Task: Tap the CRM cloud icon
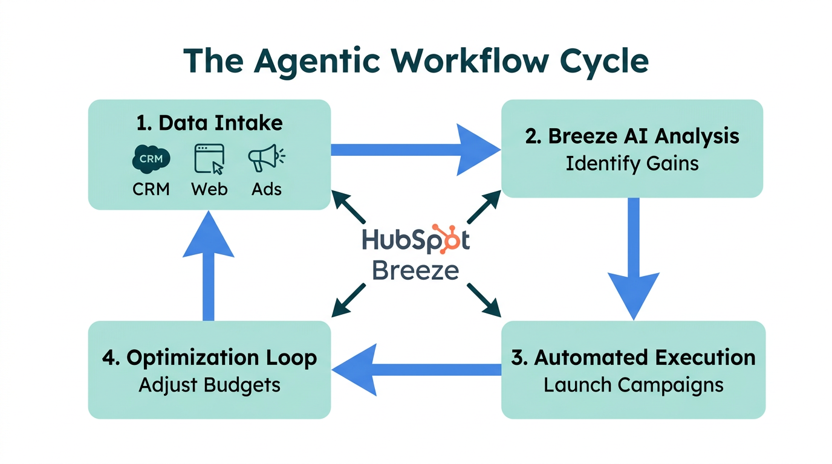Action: click(x=151, y=159)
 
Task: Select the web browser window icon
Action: click(x=209, y=159)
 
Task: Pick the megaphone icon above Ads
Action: click(x=265, y=158)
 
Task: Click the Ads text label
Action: click(x=267, y=189)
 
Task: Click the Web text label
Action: click(x=209, y=189)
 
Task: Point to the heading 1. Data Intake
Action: click(x=209, y=123)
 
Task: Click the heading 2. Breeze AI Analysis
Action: click(x=632, y=136)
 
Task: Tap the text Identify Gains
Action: click(x=632, y=163)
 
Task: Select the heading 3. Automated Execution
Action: click(x=633, y=357)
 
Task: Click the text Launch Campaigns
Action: click(x=633, y=385)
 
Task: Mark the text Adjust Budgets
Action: click(x=209, y=385)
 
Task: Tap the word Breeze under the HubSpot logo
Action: click(x=415, y=270)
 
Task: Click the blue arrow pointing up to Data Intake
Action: click(x=208, y=266)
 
